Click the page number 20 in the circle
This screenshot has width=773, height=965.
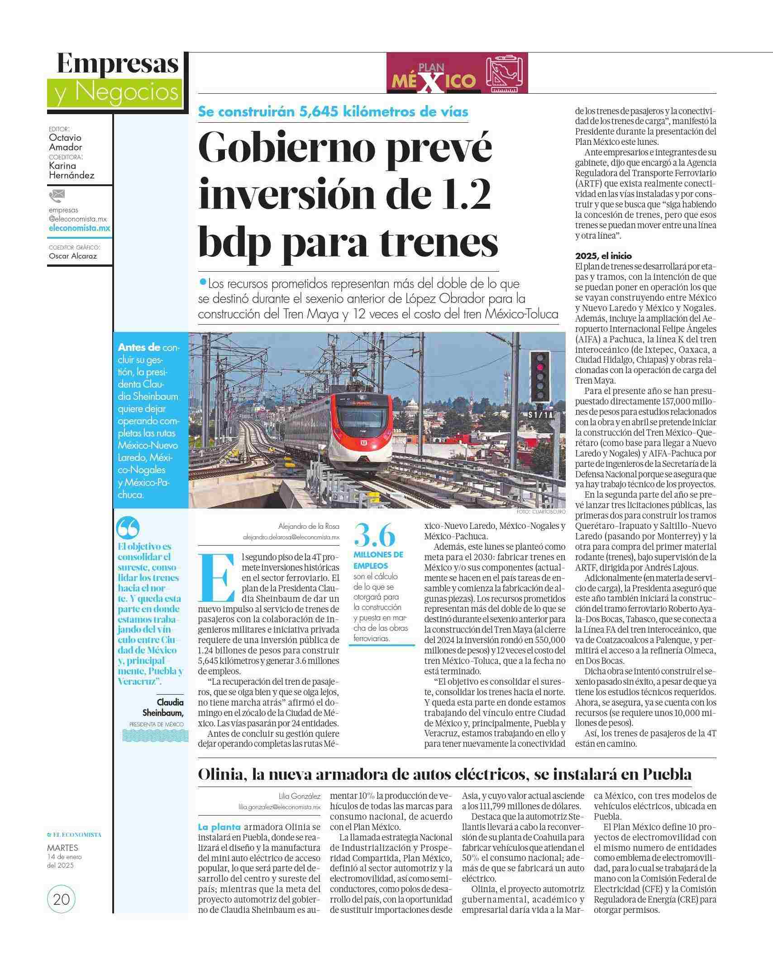(x=61, y=899)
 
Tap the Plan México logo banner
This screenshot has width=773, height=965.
(x=457, y=73)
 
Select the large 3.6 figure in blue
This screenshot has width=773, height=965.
(x=375, y=536)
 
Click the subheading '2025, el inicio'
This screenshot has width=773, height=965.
(x=603, y=256)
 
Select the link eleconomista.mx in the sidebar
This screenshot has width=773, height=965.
(x=80, y=228)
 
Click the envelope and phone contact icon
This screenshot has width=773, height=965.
(x=57, y=196)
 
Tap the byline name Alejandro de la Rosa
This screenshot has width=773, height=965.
(x=308, y=526)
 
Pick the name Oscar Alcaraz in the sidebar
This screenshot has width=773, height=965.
(x=73, y=256)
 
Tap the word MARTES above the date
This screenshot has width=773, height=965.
(x=62, y=848)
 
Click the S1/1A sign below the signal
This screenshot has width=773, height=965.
(x=541, y=415)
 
